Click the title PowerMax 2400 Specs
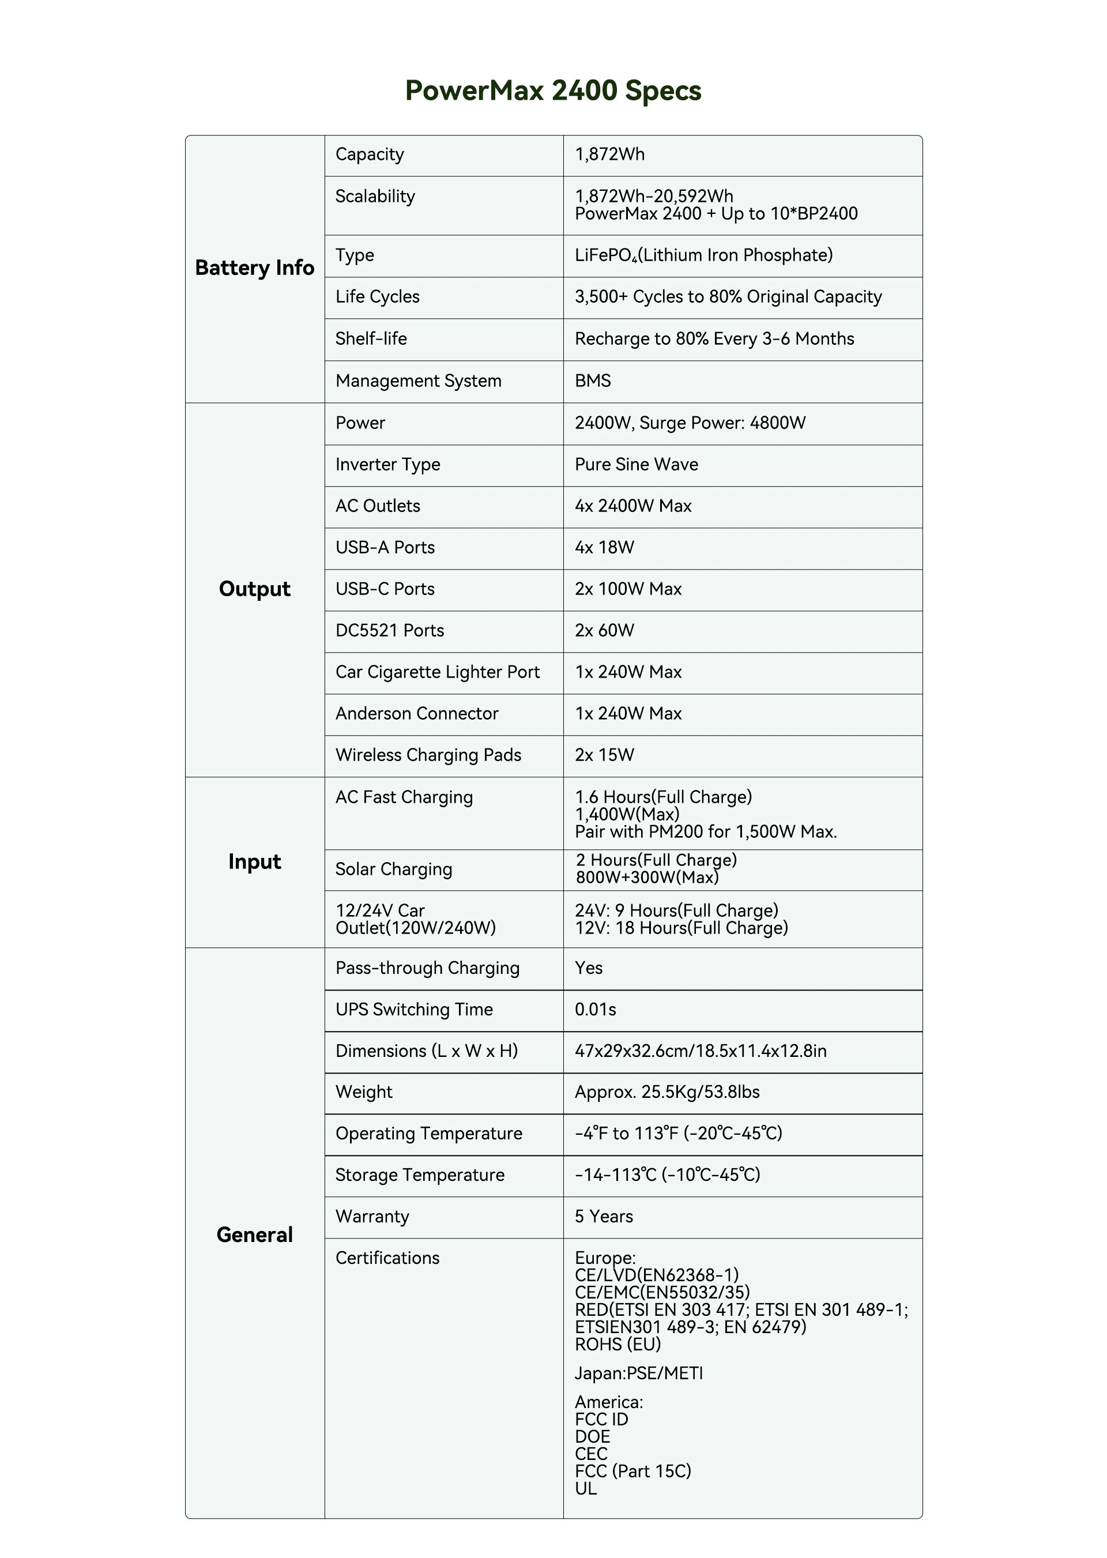coord(553,91)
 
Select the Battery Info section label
coord(254,268)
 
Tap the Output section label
coord(254,589)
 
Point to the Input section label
coord(254,861)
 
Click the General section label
coord(254,1235)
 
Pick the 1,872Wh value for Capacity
coord(609,155)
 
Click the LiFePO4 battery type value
coord(703,255)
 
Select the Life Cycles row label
coord(377,297)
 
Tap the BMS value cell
coord(592,381)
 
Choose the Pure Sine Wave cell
coord(636,465)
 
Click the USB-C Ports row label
coord(385,589)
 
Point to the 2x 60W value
coord(604,630)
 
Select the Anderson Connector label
coord(416,714)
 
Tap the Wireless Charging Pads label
coord(428,755)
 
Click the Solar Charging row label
coord(393,869)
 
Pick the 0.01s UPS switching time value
coord(595,1010)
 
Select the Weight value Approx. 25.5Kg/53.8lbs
coord(667,1092)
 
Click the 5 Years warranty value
coord(603,1217)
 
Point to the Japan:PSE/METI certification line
coord(638,1373)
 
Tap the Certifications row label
coord(387,1258)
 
